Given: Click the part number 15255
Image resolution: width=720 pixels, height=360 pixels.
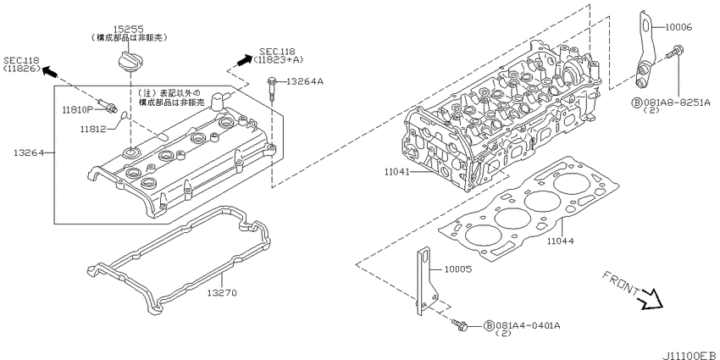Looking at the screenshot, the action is click(x=129, y=30).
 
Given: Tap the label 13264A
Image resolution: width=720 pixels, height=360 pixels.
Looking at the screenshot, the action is click(x=305, y=81).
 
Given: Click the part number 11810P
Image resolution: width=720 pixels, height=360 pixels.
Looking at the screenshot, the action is click(x=78, y=109).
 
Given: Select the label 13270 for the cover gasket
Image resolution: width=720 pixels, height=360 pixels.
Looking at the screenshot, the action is click(x=222, y=292).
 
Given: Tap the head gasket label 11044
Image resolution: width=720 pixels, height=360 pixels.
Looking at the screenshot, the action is click(x=560, y=241).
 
